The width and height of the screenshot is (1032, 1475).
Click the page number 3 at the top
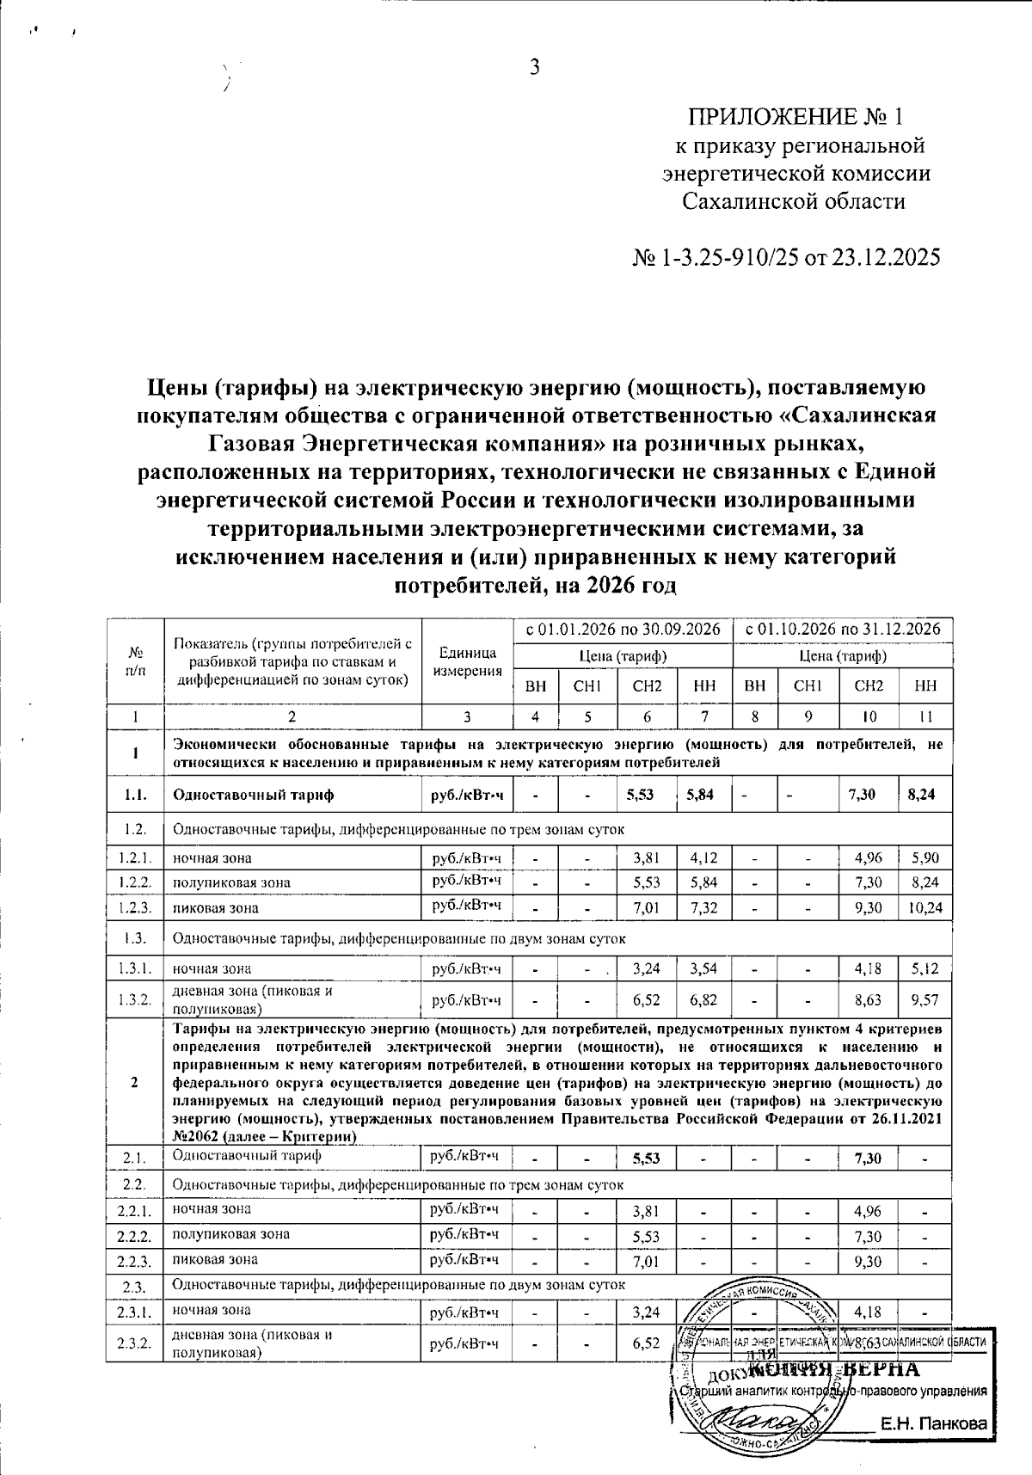534,68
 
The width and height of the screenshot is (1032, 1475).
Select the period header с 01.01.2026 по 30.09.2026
622,630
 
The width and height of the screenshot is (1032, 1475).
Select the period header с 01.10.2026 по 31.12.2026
842,630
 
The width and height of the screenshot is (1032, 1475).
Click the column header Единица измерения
467,662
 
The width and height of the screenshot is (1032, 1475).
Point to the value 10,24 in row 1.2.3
924,907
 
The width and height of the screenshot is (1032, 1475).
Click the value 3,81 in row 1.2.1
647,857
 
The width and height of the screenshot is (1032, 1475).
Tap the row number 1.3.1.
135,969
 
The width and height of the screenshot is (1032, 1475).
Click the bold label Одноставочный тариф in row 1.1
254,795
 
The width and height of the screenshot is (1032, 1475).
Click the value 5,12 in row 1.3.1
924,969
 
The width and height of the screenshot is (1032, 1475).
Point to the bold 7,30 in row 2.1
868,1158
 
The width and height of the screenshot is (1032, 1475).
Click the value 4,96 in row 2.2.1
868,1212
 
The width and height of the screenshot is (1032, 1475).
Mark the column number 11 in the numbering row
924,716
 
